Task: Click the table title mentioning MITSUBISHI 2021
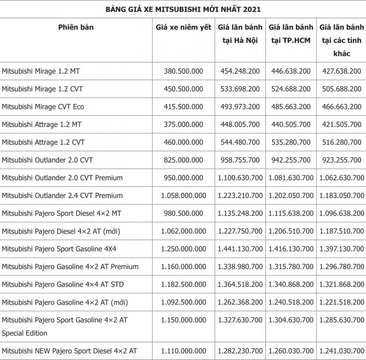point(182,9)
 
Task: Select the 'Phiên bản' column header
point(76,27)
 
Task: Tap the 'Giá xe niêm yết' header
point(183,27)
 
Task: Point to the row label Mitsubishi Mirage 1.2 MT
point(41,71)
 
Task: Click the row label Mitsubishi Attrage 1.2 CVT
point(43,142)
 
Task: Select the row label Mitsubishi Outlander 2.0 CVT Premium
point(62,178)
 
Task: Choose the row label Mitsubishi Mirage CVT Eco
point(43,107)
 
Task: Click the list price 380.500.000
point(183,71)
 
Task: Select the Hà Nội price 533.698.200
point(240,89)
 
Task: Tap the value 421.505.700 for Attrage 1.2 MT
point(341,124)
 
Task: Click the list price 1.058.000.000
point(183,195)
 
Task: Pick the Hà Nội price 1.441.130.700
point(240,249)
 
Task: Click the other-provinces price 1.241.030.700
point(341,351)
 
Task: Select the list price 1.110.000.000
point(183,351)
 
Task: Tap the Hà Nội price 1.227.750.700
point(240,231)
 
